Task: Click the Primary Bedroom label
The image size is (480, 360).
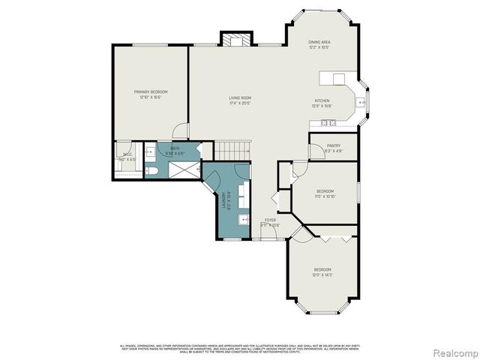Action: (x=151, y=92)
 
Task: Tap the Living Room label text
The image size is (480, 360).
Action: (x=240, y=98)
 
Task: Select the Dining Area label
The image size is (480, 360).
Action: (x=319, y=42)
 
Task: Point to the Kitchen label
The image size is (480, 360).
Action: (x=322, y=100)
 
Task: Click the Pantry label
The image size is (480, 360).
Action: (x=334, y=146)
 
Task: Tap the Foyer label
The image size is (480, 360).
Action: (x=269, y=220)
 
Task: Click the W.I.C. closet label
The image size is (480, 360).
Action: (x=128, y=154)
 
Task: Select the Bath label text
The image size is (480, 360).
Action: (x=174, y=148)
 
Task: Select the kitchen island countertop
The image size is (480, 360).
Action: (x=331, y=78)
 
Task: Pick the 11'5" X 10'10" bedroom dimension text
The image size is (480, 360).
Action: (x=325, y=196)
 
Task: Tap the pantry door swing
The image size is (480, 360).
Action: (x=316, y=151)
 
